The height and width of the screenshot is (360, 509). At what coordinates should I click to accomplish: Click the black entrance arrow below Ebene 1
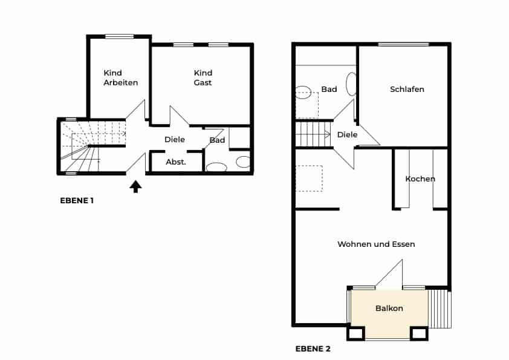click(x=135, y=187)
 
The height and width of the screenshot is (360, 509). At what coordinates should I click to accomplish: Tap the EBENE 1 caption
click(x=77, y=201)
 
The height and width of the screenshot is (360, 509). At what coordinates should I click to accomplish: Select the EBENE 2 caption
click(x=313, y=349)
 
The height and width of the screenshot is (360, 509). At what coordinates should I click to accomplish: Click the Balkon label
click(x=389, y=309)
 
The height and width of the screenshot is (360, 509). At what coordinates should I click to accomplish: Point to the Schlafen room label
click(x=407, y=90)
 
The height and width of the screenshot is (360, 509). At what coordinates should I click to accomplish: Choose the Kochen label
click(x=420, y=178)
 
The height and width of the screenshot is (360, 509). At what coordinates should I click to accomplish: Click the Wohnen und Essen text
click(x=376, y=244)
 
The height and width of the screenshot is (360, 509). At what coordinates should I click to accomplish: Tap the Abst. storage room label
click(x=176, y=162)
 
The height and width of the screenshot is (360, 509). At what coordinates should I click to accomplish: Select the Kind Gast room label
click(x=203, y=77)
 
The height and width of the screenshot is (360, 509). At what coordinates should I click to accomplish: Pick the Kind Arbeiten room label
click(x=121, y=77)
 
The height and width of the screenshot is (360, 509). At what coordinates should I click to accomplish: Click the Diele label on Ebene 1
click(x=175, y=139)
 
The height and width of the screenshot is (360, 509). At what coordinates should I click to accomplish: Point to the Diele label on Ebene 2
click(x=348, y=134)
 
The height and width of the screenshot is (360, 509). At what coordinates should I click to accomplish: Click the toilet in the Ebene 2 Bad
click(x=303, y=93)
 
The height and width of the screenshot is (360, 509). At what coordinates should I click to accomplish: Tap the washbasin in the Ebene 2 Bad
click(x=351, y=84)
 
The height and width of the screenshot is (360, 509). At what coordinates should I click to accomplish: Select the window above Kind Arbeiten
click(x=120, y=36)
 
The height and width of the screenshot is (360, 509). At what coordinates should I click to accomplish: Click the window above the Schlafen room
click(x=404, y=44)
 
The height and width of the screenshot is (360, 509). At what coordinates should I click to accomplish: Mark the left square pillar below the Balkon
click(x=356, y=333)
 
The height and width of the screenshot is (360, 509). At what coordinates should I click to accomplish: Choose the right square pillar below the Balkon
click(x=419, y=333)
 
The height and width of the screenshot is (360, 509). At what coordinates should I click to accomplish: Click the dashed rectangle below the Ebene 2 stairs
click(x=309, y=178)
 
